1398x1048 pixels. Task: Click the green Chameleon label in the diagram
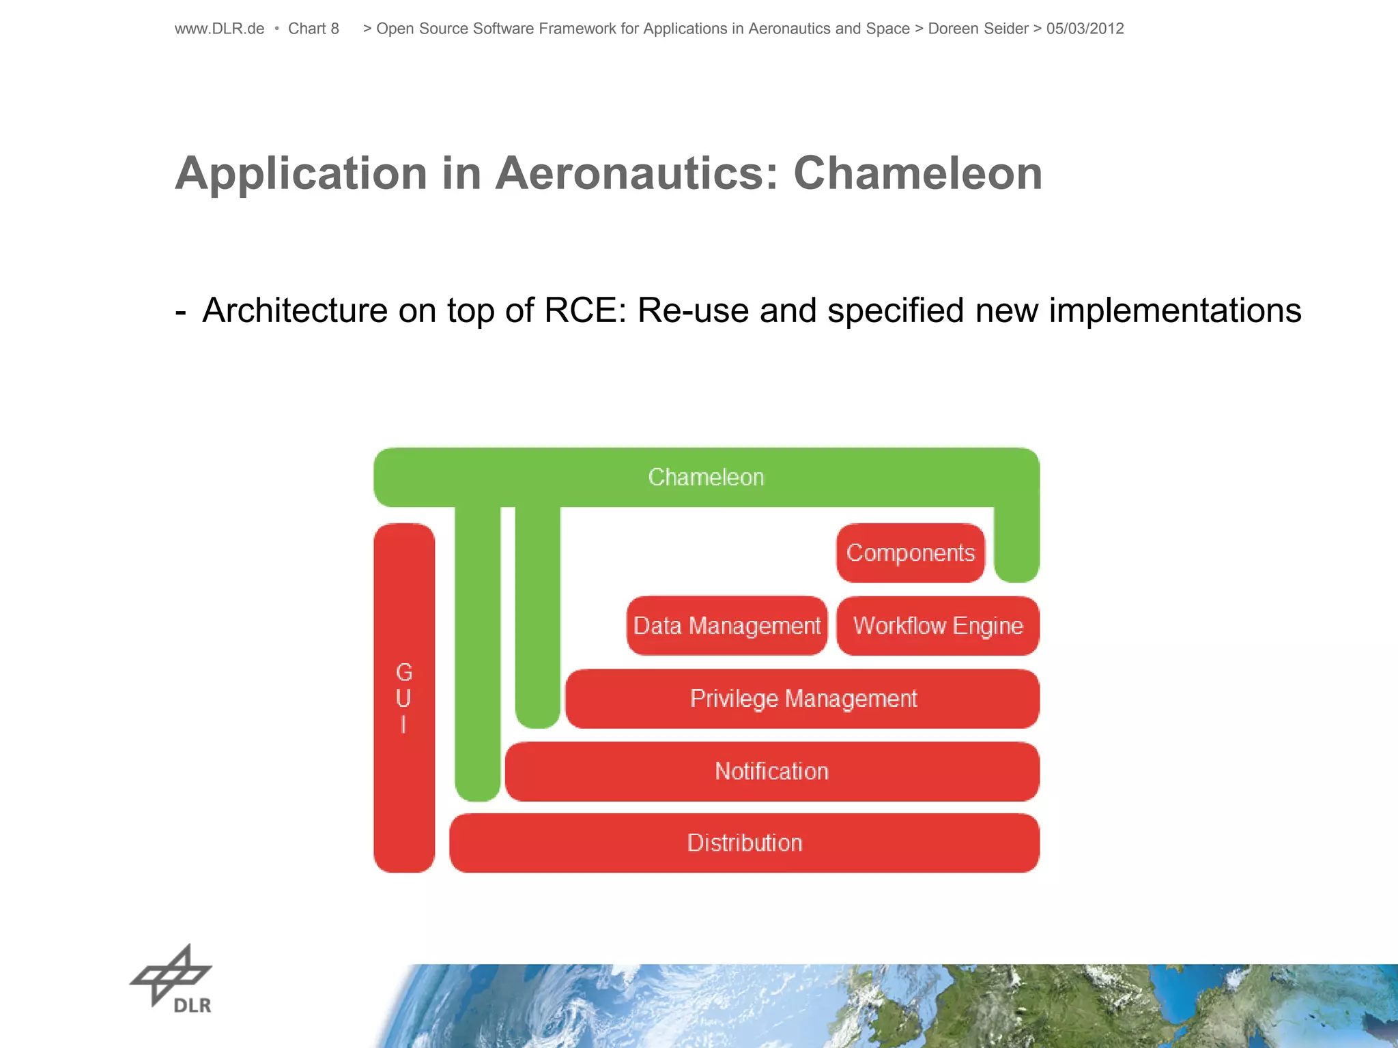706,477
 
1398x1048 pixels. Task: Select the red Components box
910,553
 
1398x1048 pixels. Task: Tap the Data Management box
727,626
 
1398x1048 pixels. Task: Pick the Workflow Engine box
938,626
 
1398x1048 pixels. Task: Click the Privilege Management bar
803,699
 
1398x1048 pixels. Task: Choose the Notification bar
771,771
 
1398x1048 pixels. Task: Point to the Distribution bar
744,843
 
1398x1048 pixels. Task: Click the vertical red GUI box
404,697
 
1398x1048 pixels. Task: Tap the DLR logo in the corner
172,980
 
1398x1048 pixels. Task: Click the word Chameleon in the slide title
917,173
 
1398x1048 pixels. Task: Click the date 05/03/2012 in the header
1085,29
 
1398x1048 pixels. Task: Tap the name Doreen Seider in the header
978,29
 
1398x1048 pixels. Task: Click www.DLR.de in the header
219,29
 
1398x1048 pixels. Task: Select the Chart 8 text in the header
313,29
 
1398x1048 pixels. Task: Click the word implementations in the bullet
1175,310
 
